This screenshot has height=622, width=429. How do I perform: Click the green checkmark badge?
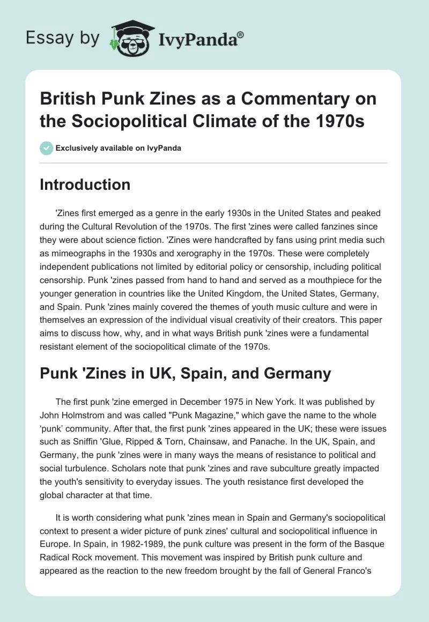(x=47, y=148)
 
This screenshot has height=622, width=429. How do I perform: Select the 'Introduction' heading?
(x=85, y=184)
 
